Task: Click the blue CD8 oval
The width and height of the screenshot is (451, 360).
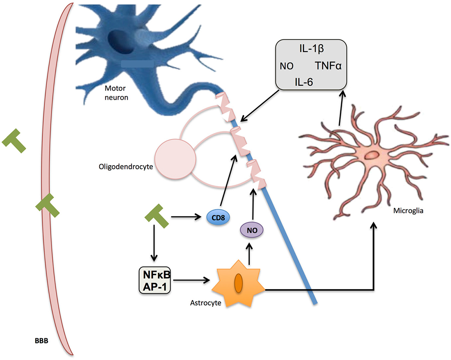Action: [x=218, y=217]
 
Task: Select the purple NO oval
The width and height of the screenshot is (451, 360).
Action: [x=252, y=230]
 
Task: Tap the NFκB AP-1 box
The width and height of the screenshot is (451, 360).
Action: [x=155, y=280]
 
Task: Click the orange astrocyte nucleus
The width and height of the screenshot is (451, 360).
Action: [x=239, y=283]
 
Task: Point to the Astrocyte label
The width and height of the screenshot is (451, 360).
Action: [x=206, y=303]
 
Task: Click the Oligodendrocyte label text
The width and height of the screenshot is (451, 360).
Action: [x=126, y=166]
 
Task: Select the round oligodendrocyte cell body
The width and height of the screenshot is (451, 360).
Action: [x=175, y=159]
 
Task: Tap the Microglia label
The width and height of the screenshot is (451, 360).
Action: [x=408, y=211]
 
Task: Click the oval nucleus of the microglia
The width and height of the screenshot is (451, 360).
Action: [x=372, y=155]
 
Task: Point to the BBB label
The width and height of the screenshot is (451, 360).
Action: [x=41, y=341]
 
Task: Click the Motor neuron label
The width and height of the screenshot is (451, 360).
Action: [x=116, y=93]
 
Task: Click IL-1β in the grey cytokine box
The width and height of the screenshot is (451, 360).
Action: [x=312, y=49]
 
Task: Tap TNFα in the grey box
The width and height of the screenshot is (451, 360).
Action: [x=328, y=66]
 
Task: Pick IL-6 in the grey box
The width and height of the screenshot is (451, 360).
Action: [x=304, y=82]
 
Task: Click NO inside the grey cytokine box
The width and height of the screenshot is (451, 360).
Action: [x=287, y=66]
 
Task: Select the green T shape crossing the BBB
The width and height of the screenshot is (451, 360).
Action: [x=48, y=205]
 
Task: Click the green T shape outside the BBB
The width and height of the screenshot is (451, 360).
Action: [x=14, y=141]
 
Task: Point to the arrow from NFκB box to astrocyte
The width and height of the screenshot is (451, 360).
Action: [x=191, y=280]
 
